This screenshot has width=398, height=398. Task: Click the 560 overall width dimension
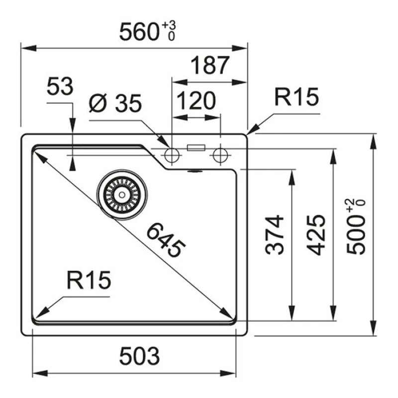(138, 32)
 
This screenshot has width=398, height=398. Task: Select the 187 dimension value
(210, 65)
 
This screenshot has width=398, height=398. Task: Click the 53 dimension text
(60, 88)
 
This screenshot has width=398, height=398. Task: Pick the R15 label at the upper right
(297, 98)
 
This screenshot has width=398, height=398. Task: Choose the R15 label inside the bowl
(89, 282)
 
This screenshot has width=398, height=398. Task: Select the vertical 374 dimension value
(275, 234)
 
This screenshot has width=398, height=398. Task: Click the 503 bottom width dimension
(139, 356)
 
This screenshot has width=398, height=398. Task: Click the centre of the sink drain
(122, 195)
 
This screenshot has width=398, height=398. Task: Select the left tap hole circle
(172, 155)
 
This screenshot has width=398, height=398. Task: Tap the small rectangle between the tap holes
(196, 147)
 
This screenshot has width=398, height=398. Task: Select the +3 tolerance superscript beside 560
(171, 25)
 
